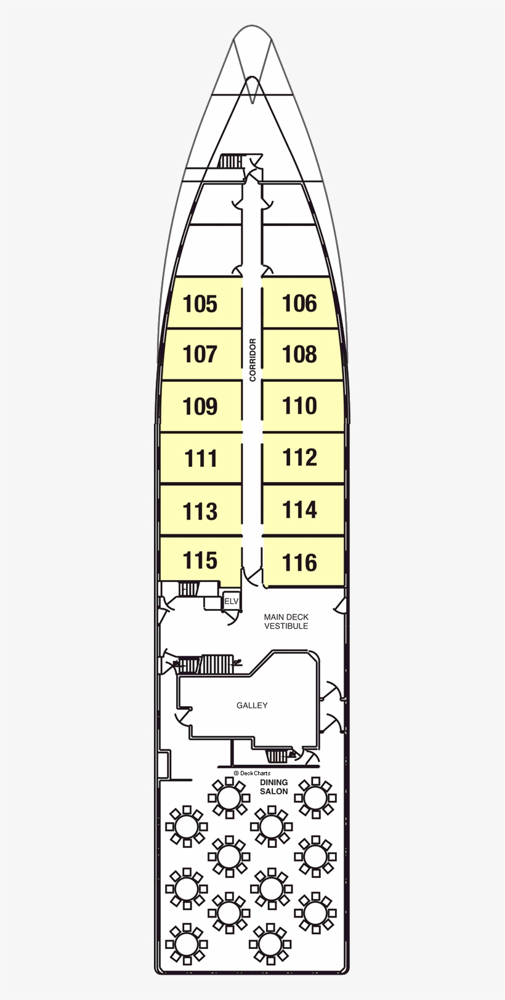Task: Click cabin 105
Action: coord(201,304)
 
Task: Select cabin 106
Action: coord(299,303)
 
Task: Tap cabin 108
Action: coord(299,354)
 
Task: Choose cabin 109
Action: coord(201,406)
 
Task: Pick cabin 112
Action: coord(299,458)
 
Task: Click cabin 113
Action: coord(201,511)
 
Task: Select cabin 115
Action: coord(201,560)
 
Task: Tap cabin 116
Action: coord(299,562)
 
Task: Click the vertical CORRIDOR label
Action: coord(252,360)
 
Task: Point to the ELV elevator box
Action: coord(231,601)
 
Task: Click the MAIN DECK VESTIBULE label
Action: coord(286,621)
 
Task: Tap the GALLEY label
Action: coord(252,705)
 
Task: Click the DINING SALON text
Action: coord(273,787)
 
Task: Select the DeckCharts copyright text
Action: coord(252,773)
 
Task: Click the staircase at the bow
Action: coord(231,161)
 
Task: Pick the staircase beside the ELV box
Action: coord(188,589)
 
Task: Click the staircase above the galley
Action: coord(216,664)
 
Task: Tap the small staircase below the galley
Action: coord(277,756)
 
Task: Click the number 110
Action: coord(299,406)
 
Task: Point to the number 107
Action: coord(201,354)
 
